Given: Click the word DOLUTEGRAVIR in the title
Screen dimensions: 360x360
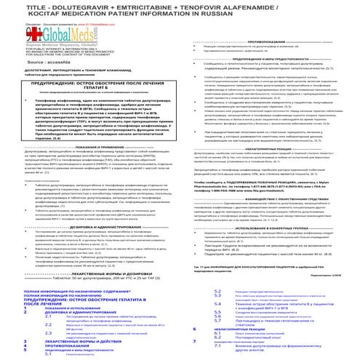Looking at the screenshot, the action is point(84,8).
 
